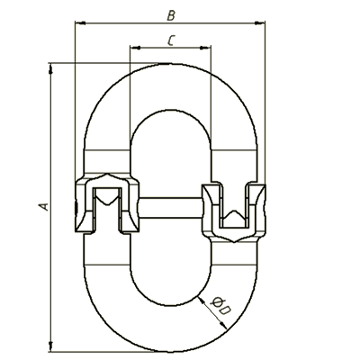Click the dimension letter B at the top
pos(171,15)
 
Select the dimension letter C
pos(171,40)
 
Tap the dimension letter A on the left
pos(44,207)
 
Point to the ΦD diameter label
pos(220,306)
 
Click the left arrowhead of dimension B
pos(80,22)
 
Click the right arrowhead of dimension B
pos(260,22)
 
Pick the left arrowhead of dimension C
pos(135,48)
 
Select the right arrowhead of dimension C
pos(205,48)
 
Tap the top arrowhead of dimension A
pos(50,68)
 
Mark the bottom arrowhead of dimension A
pos(50,346)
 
